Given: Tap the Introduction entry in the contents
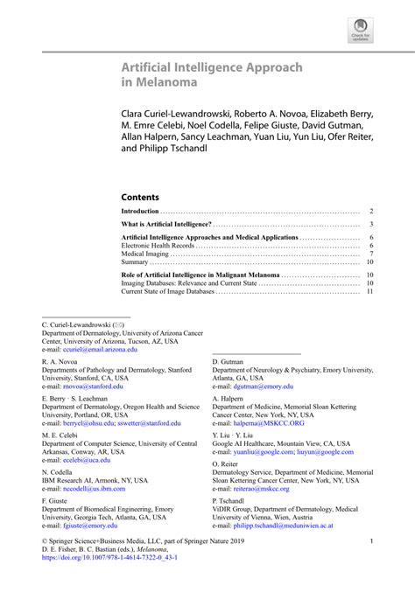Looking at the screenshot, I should pos(140,212).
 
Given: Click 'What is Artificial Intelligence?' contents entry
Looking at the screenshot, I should pos(165,225).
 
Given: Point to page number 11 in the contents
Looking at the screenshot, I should pos(370,290).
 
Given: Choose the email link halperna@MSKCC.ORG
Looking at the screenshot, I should pos(269,422).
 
